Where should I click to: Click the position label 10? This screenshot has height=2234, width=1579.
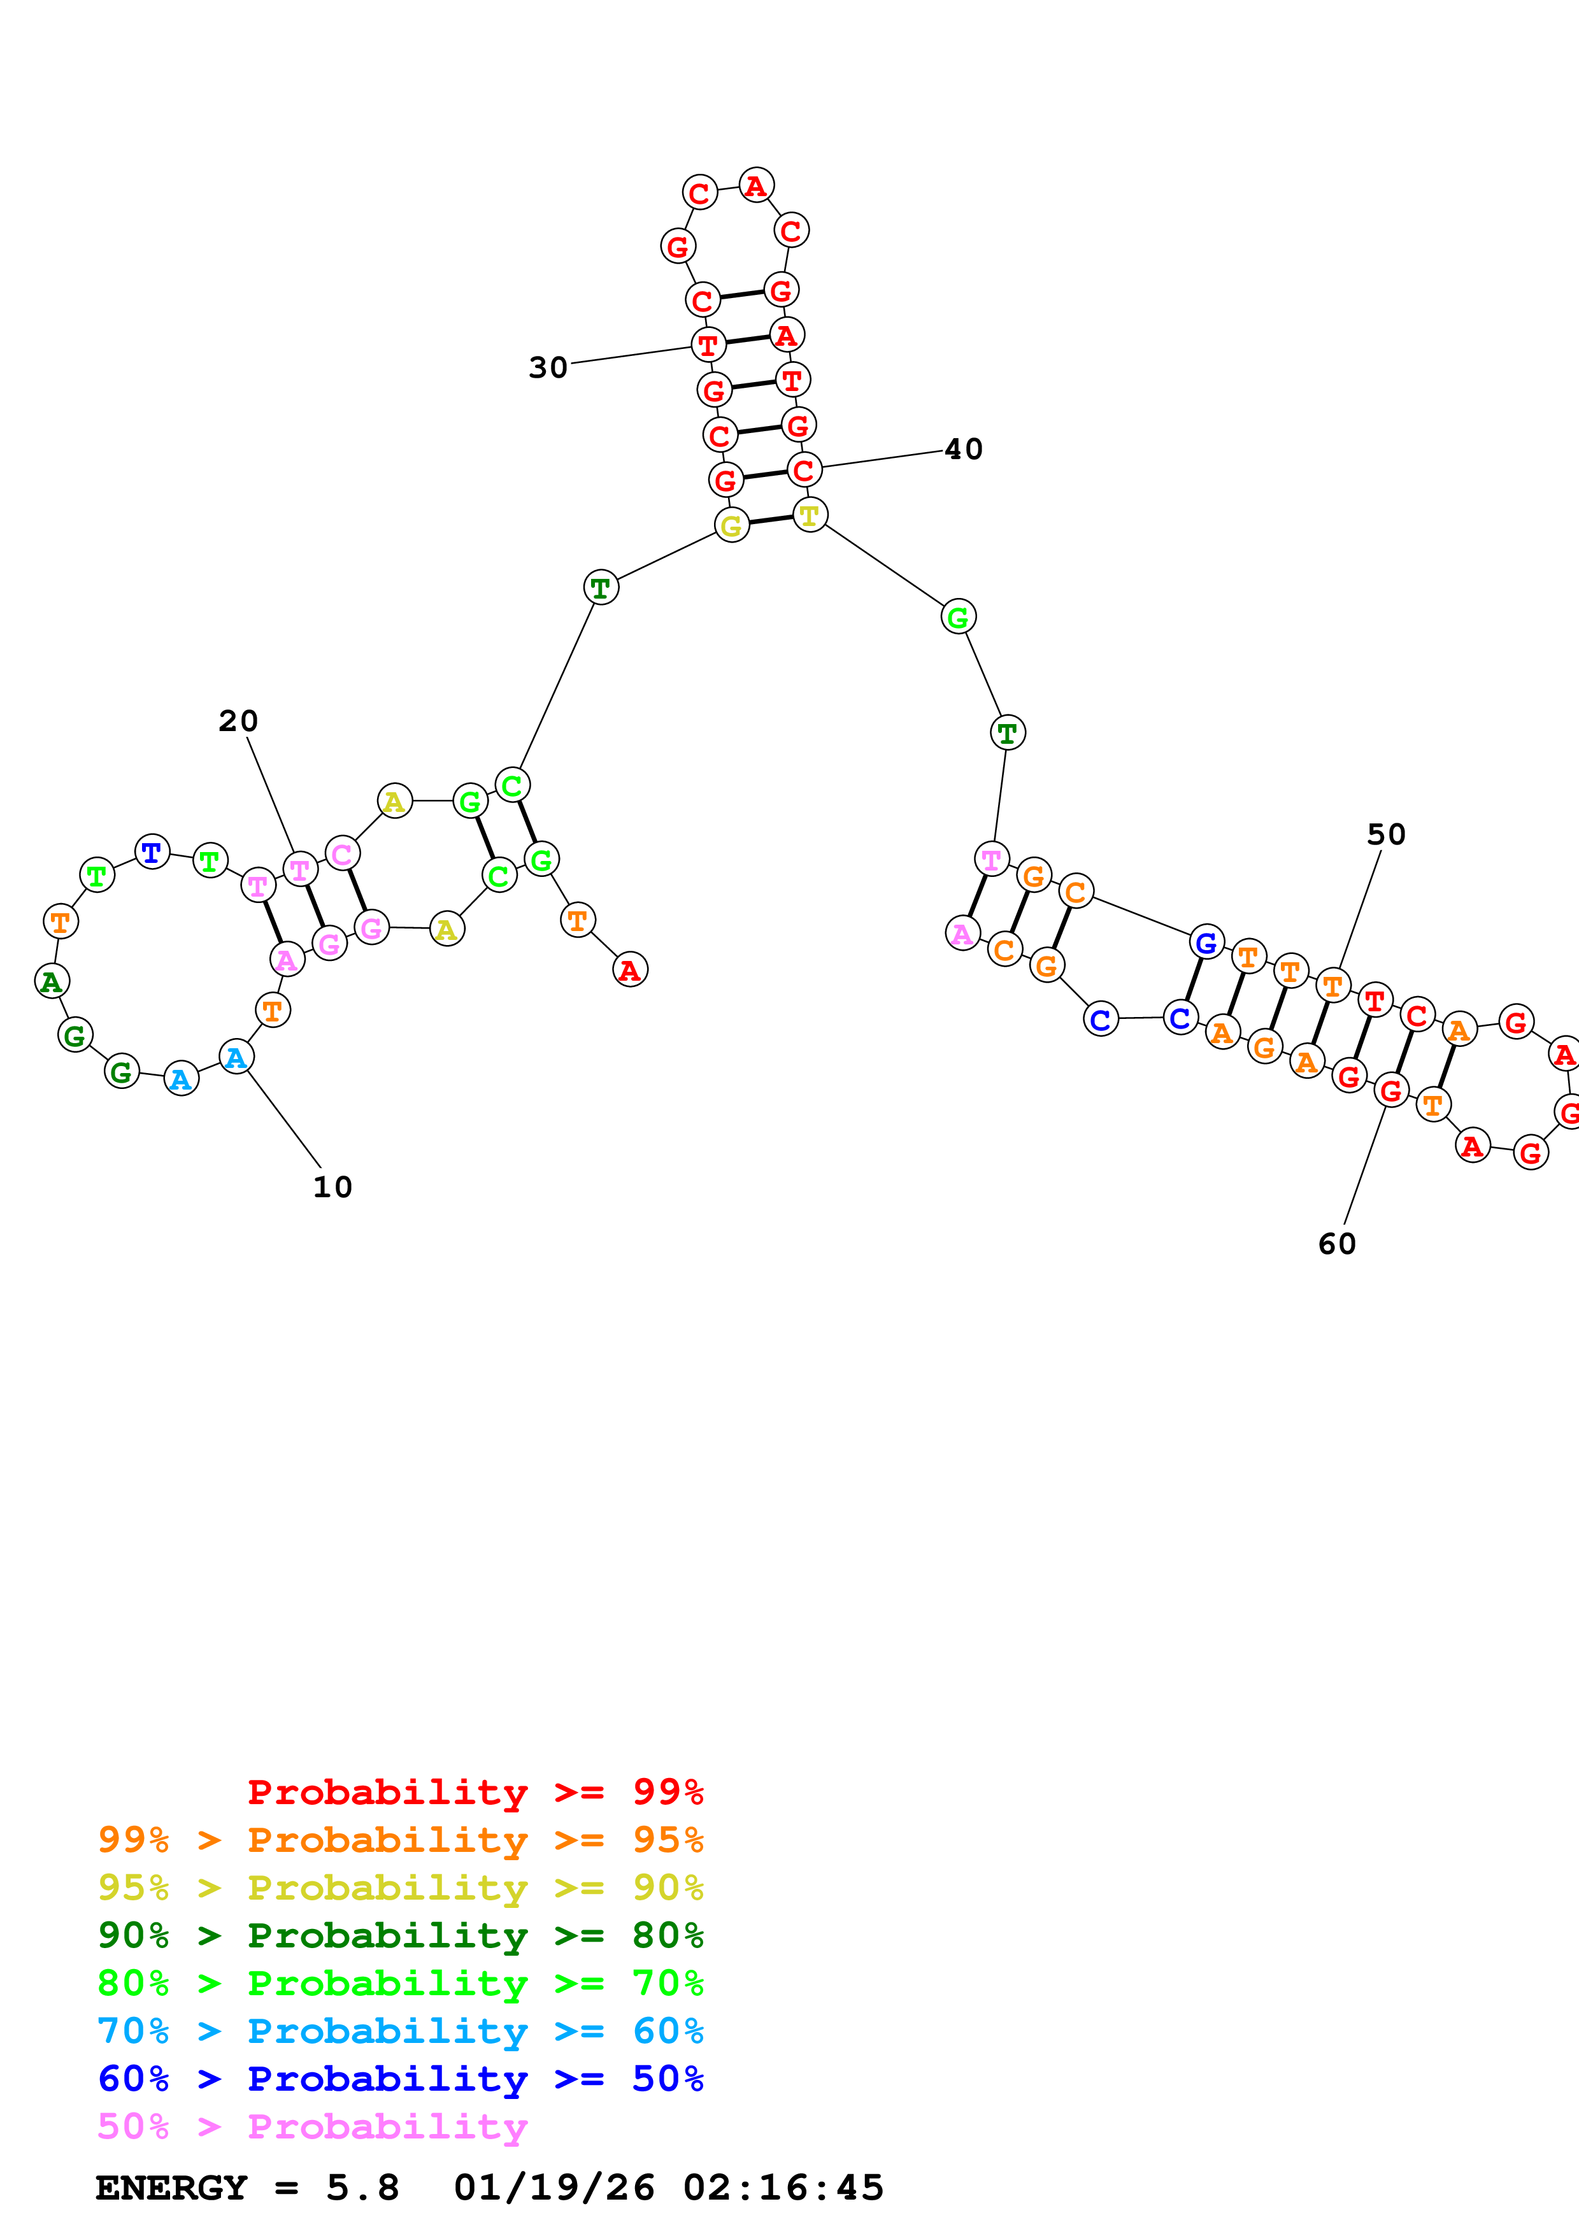tap(332, 1187)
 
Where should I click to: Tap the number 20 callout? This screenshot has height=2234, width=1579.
tap(238, 721)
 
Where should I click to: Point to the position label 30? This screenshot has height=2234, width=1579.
tap(548, 368)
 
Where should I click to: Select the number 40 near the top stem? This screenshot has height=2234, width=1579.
tap(964, 450)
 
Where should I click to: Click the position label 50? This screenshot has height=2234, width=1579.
tap(1387, 835)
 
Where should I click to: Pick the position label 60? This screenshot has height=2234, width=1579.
tap(1337, 1244)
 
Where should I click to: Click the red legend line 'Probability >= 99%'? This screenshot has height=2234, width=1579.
tap(476, 1791)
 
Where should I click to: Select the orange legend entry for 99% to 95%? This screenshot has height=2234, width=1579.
tap(401, 1839)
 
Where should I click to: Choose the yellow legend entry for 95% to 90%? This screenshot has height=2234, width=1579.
tap(401, 1887)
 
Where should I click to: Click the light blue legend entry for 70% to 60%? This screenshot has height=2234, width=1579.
tap(401, 2031)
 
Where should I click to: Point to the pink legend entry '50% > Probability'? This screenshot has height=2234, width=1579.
tap(312, 2126)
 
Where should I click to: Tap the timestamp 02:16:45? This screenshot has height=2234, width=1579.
tap(783, 2188)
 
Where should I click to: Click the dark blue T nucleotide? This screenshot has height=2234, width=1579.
tap(152, 852)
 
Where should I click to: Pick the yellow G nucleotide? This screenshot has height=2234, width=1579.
tap(732, 525)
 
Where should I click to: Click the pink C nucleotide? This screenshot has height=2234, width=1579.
tap(341, 854)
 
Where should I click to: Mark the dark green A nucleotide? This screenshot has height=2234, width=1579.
tap(52, 981)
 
